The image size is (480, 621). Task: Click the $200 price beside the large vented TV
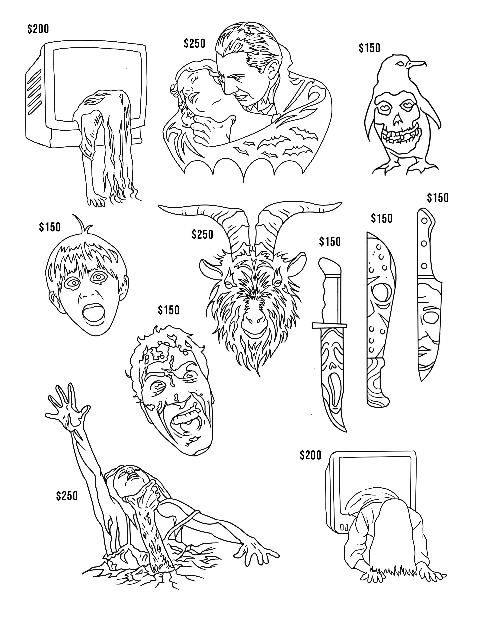38,29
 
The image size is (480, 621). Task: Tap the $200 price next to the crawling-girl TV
310,455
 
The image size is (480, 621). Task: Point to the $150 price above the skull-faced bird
369,48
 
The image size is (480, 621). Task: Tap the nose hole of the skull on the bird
396,123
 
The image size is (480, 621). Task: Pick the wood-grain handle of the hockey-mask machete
377,382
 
